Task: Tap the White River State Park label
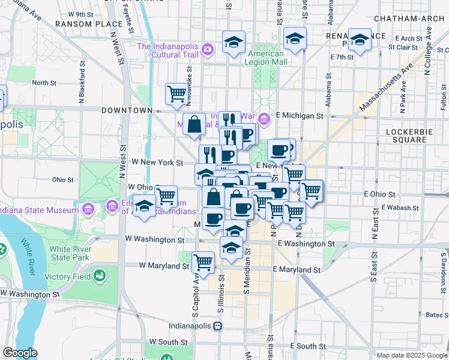[70, 253]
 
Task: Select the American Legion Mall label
[268, 58]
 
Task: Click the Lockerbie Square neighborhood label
[415, 135]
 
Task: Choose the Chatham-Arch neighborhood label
[411, 19]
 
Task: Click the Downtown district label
[127, 110]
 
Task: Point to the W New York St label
[157, 163]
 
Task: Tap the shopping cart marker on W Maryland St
[203, 262]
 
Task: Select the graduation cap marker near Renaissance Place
[360, 40]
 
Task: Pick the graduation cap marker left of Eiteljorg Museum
[144, 206]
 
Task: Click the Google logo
[20, 353]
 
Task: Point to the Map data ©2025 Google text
[411, 355]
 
